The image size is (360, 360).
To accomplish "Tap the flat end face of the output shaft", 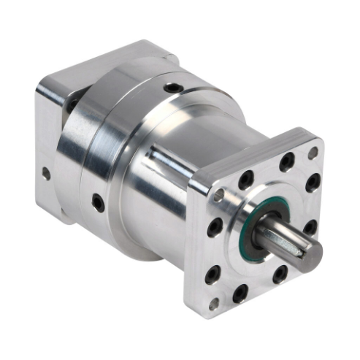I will point(312,253).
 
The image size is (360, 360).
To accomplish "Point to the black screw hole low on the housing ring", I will point(97,202).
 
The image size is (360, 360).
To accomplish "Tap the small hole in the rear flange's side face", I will point(45,175).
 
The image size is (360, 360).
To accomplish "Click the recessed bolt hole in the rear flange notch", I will point(74,102).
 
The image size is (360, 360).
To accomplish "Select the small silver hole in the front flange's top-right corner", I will point(313,153).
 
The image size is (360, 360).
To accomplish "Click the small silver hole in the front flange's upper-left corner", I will point(218,195).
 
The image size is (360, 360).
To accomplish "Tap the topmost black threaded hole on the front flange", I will point(286,158).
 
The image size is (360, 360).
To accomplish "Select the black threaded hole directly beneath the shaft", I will point(279,275).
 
